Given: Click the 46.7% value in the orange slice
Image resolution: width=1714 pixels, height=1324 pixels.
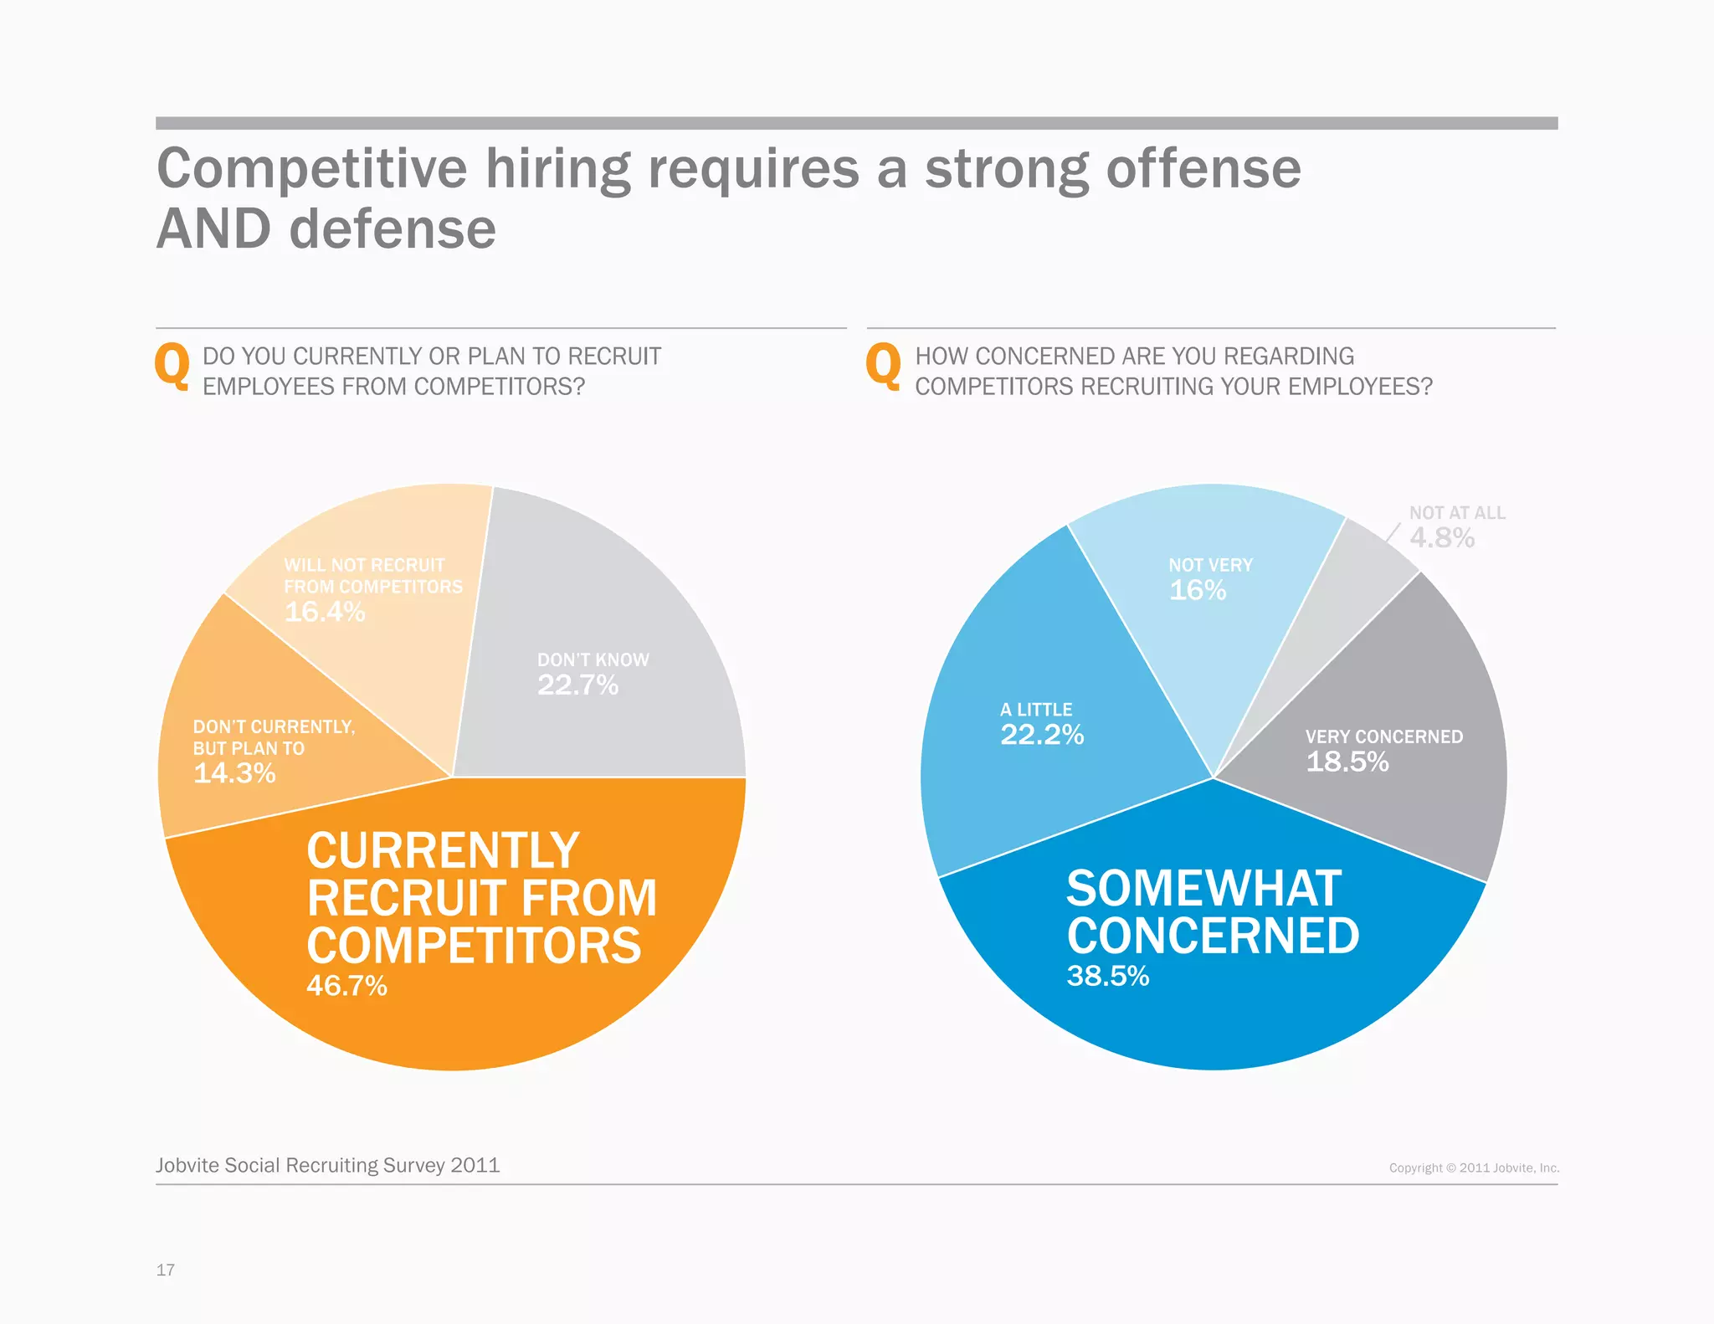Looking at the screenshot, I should click(x=346, y=986).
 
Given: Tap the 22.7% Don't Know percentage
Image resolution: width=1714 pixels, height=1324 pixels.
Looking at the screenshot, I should click(x=577, y=685).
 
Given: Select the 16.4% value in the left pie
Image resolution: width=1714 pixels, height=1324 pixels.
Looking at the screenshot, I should click(x=325, y=612).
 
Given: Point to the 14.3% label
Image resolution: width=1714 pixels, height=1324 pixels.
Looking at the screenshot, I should click(x=234, y=773).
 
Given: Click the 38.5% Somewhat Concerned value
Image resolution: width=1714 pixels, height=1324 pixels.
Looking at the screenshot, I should click(x=1108, y=976).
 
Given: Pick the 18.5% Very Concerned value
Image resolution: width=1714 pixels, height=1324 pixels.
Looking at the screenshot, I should click(x=1347, y=762).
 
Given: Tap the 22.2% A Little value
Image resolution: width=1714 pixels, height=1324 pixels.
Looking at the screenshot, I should click(x=1042, y=735).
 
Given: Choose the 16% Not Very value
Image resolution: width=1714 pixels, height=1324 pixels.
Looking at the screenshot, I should click(x=1198, y=590).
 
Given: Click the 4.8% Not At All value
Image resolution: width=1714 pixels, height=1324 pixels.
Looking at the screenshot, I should click(x=1442, y=537).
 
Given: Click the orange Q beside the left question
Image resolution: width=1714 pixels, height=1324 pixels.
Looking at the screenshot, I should click(x=172, y=367).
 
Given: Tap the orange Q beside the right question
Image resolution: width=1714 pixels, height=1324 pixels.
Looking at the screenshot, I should click(x=884, y=367).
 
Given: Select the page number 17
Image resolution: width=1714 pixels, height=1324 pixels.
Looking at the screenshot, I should click(x=166, y=1270).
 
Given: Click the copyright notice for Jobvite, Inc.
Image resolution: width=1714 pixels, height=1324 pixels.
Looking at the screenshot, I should click(x=1474, y=1167).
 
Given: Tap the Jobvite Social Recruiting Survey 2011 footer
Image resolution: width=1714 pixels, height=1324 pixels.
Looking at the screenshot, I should click(x=327, y=1165).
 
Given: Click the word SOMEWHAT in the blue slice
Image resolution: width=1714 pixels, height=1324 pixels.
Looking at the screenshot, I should click(x=1203, y=888).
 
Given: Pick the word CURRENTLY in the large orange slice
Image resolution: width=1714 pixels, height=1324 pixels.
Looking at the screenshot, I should click(x=443, y=851).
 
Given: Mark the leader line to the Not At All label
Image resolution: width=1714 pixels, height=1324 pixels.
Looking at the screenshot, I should click(x=1393, y=534).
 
